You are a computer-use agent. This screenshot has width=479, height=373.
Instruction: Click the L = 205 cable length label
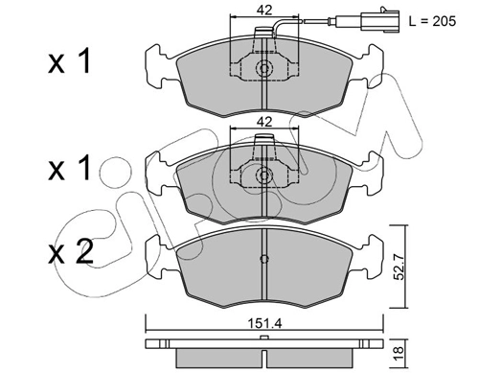pos(432,21)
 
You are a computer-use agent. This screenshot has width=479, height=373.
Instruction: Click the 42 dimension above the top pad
pos(264,11)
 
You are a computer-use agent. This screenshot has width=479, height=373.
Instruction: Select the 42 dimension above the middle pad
pos(264,122)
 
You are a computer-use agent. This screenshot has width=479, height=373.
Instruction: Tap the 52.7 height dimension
pos(399,266)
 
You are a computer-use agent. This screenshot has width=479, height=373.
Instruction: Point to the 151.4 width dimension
pos(264,324)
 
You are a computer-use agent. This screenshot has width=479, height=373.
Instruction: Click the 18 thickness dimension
pos(399,354)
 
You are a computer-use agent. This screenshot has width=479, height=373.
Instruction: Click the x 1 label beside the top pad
pos(70,61)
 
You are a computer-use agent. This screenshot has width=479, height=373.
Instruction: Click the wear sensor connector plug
pos(380,21)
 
